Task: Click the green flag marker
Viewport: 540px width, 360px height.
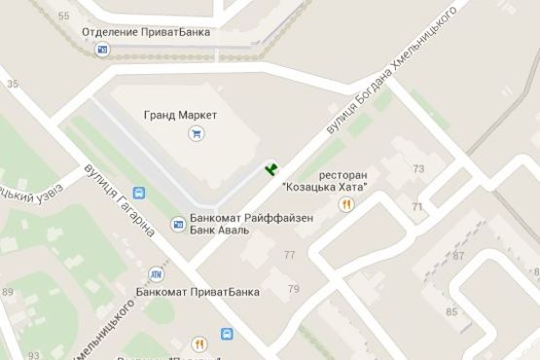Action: click(271, 170)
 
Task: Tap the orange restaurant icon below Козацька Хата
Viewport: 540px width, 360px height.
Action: click(345, 203)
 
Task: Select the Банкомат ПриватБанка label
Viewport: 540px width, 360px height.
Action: click(186, 291)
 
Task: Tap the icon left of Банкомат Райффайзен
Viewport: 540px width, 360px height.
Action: click(178, 225)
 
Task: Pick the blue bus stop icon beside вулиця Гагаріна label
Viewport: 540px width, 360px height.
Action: click(138, 193)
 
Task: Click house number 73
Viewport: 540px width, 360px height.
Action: click(419, 169)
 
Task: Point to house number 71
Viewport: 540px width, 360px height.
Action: click(416, 207)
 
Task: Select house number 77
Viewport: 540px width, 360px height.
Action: click(289, 255)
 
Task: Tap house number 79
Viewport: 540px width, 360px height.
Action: click(293, 289)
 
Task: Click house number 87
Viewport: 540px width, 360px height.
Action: click(458, 255)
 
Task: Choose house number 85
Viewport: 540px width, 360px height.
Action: click(451, 312)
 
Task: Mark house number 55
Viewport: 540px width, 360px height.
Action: click(64, 17)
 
